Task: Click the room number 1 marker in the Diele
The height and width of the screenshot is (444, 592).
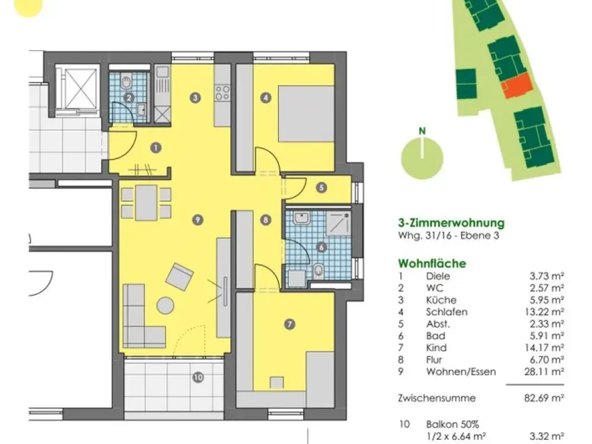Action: [x=156, y=147]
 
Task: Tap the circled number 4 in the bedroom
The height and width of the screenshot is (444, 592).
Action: [x=266, y=98]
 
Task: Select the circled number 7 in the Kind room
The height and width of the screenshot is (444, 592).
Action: [x=289, y=324]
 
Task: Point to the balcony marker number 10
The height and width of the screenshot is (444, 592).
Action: [x=198, y=377]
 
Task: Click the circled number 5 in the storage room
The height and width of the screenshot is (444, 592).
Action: [x=321, y=188]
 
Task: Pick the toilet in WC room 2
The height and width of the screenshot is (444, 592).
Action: [x=126, y=82]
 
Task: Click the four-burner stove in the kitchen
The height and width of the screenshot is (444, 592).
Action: [x=223, y=93]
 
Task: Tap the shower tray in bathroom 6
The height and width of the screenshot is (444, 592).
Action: [x=338, y=223]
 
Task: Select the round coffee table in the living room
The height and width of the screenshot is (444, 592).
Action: [x=165, y=305]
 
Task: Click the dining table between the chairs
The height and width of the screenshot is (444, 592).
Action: [x=146, y=202]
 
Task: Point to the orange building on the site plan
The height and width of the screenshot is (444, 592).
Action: [x=517, y=86]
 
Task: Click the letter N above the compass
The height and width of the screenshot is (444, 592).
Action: [x=422, y=131]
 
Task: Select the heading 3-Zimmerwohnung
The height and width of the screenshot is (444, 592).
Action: [x=451, y=223]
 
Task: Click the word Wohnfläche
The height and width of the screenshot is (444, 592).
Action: [x=432, y=263]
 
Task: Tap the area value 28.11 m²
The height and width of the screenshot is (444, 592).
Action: [x=544, y=372]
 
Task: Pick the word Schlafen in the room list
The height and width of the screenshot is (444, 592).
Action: [x=446, y=312]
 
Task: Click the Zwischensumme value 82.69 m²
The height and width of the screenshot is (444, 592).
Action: [x=544, y=398]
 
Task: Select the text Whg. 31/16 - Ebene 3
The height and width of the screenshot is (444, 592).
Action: [x=449, y=236]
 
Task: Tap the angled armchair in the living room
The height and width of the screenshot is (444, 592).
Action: [x=180, y=276]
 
